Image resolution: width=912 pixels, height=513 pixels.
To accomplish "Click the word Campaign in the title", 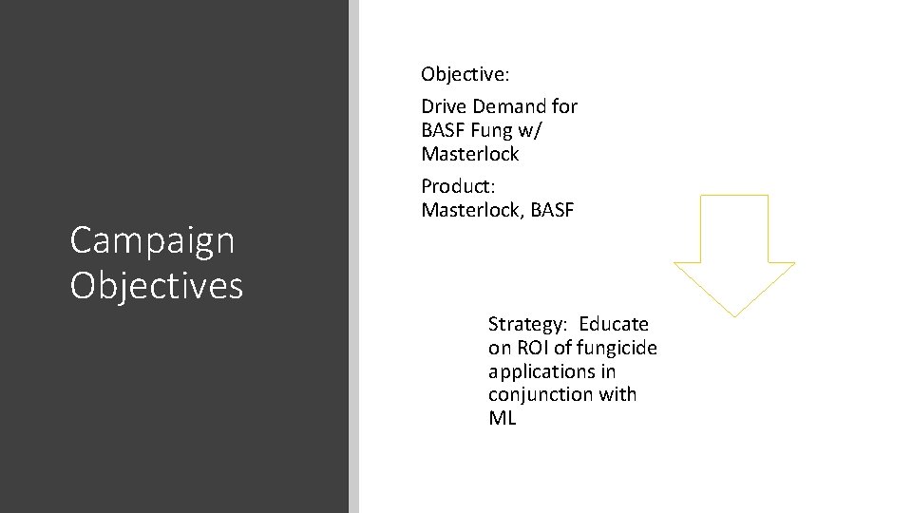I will (x=152, y=241).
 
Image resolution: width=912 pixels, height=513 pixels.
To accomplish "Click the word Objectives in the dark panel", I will (x=157, y=285).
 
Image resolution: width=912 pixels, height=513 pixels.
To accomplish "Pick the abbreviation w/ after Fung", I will (x=533, y=129).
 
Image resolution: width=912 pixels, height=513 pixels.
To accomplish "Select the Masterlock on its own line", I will (x=469, y=152).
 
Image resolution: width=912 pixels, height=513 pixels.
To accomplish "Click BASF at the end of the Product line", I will (x=552, y=208).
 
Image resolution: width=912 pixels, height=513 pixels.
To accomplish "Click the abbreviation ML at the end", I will (x=503, y=417).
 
